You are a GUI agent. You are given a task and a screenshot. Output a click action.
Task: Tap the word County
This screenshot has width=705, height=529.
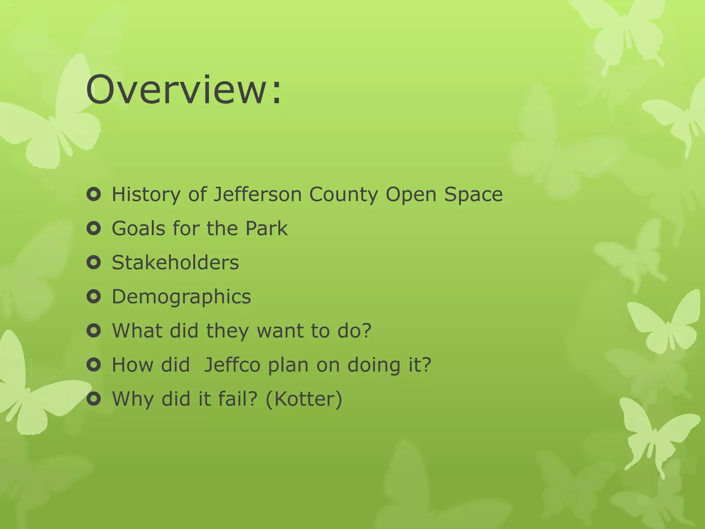click(x=343, y=195)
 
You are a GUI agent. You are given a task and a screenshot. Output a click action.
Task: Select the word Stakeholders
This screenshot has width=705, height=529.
click(x=175, y=262)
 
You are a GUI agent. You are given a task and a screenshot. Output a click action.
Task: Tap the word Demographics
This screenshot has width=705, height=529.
click(x=181, y=297)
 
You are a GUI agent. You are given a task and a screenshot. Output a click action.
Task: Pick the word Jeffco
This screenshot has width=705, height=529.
click(x=232, y=365)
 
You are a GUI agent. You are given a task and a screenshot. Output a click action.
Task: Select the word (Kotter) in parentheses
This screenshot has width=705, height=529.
click(x=304, y=399)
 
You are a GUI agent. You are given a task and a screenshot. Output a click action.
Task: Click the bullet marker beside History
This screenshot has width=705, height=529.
click(x=94, y=195)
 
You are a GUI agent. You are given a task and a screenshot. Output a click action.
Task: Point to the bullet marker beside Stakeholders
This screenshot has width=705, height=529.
click(x=94, y=263)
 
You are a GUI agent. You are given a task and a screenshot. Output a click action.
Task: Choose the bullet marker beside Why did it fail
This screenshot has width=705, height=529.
click(x=94, y=399)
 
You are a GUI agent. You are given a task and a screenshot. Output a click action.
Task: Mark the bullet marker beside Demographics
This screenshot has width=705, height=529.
click(x=94, y=297)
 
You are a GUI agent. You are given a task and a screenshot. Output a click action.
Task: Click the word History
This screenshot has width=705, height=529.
click(x=146, y=195)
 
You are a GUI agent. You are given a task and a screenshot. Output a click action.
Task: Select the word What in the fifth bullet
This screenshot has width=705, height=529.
click(x=137, y=331)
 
